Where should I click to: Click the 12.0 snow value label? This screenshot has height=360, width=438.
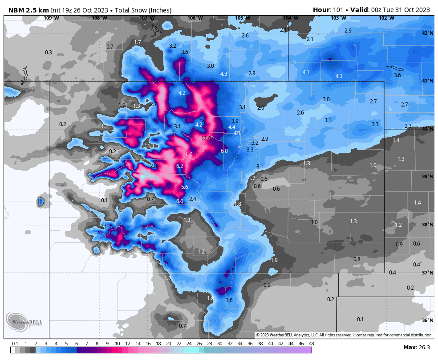pos(206,139)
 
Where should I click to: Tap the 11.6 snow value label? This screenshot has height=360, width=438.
pos(187,155)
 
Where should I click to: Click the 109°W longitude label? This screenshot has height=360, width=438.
pos(51,18)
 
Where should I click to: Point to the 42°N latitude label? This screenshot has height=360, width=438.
pos(427,33)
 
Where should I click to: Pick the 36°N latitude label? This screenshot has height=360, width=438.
pos(427,320)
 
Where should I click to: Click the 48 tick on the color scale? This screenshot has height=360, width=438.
pos(311,344)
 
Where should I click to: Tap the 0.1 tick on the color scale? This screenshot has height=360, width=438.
pos(15,344)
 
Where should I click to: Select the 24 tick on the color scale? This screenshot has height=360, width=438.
pos(189,344)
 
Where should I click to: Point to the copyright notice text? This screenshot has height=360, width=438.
pos(344,335)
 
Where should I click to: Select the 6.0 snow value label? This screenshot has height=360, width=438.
pos(224,151)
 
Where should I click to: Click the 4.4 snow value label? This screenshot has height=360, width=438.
pos(231,127)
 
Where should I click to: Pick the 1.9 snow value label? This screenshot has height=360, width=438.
pos(274,260)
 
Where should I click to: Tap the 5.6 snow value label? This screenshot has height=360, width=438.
pos(185,187)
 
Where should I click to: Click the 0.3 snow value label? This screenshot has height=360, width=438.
pos(49,53)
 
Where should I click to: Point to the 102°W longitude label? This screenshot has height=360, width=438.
pos(386,18)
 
